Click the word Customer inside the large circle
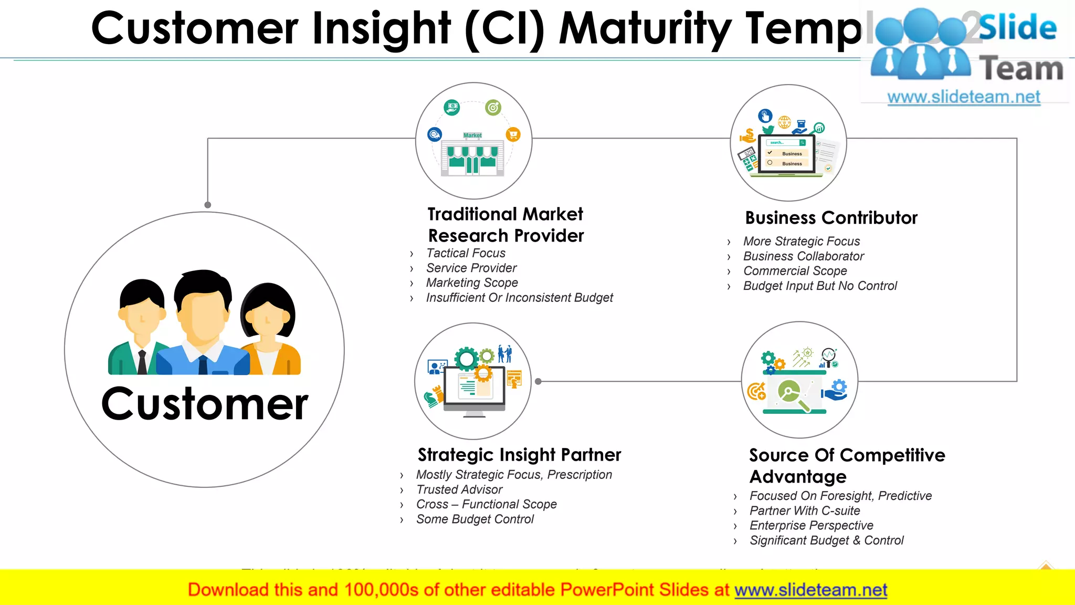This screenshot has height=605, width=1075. [205, 404]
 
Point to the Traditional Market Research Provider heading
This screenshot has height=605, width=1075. [505, 225]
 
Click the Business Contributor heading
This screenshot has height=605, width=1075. [831, 218]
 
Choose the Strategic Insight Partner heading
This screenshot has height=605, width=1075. [519, 455]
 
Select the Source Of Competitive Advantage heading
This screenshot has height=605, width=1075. [846, 465]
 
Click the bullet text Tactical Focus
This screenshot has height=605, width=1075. [466, 253]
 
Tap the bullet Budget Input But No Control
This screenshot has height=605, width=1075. [820, 286]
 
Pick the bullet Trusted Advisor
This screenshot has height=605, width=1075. [459, 490]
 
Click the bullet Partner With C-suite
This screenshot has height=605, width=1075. [805, 511]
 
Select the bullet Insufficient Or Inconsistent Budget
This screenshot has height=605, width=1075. [519, 298]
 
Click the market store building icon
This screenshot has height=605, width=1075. [472, 158]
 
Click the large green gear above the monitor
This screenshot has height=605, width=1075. [466, 359]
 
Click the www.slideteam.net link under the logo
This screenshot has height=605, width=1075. [963, 97]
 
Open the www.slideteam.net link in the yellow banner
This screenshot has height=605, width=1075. [810, 590]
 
